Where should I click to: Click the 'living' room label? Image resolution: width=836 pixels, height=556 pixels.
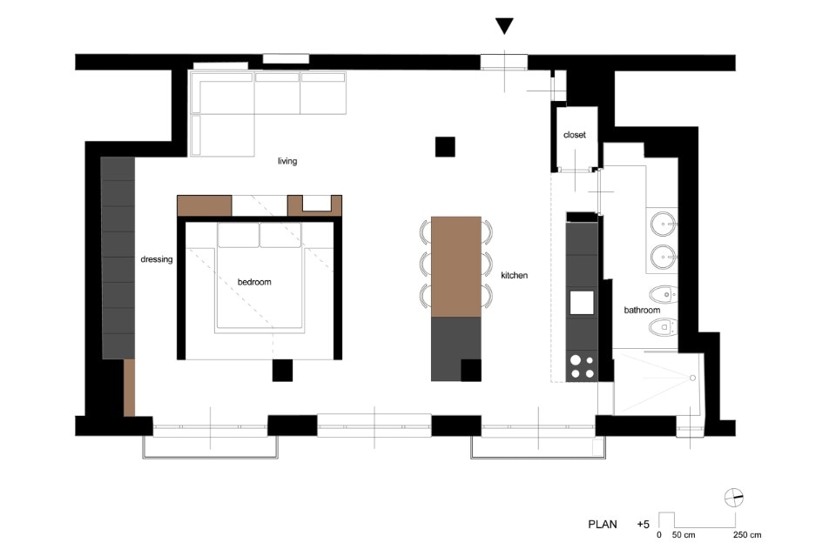coord(287,161)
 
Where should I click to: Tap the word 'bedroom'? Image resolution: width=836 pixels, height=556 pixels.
coord(254,282)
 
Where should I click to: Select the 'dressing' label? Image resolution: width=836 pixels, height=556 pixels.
coord(157,259)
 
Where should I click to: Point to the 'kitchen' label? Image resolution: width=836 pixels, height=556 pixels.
coord(515,275)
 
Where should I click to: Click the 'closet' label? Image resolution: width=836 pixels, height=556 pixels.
coord(575,135)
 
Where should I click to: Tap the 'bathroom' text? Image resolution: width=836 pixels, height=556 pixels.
coord(642,310)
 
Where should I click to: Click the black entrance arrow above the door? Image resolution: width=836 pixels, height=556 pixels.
coord(504,26)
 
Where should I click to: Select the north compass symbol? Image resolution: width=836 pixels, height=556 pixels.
coord(734,498)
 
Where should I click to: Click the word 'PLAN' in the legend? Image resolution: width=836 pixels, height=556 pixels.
coord(603,524)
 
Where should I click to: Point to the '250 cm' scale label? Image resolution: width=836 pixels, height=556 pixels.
coord(747,535)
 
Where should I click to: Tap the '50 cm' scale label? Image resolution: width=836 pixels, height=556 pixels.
coord(684,535)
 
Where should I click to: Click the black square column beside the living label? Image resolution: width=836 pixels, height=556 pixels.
coord(445,147)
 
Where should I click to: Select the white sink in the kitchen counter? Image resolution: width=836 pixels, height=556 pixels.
coord(582,303)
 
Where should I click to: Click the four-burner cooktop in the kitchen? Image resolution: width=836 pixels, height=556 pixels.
coord(583,366)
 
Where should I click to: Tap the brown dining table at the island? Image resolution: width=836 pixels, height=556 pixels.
coord(456,266)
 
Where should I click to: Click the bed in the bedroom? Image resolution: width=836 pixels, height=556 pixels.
coord(260,278)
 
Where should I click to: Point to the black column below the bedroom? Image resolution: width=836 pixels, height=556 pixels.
coord(282,370)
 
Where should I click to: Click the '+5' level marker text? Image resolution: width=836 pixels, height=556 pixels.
coord(643,525)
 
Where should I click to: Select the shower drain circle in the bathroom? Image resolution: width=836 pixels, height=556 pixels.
coord(692,378)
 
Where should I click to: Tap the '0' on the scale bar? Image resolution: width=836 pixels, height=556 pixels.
coord(659,535)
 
